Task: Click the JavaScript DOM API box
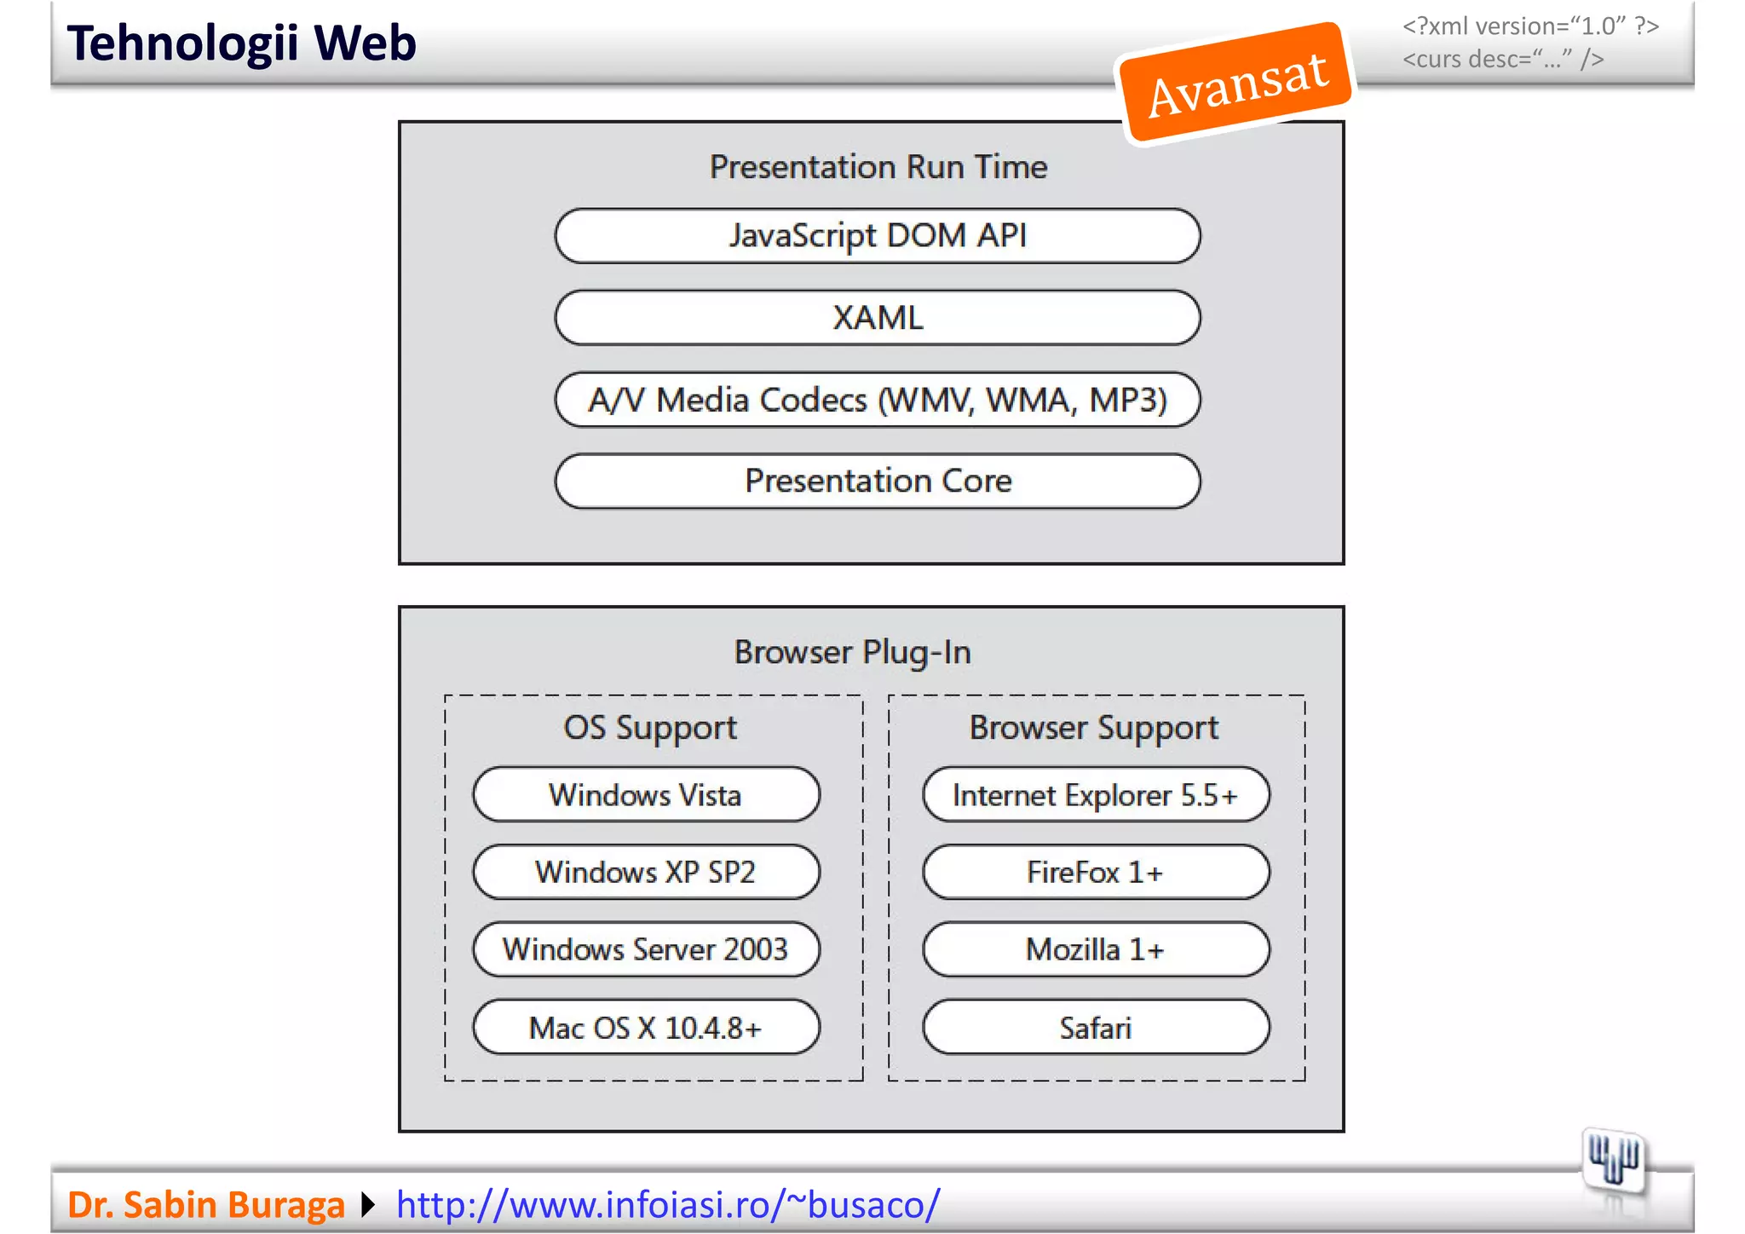point(878,236)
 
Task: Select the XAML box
point(878,318)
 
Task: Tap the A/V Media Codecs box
point(878,400)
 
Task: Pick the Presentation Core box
point(878,481)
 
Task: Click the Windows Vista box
point(646,795)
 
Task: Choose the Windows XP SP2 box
point(646,873)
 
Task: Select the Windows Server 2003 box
point(646,949)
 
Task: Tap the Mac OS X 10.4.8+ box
point(646,1028)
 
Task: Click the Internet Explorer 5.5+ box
point(1096,795)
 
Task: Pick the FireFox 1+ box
point(1096,873)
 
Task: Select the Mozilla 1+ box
point(1096,949)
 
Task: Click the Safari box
point(1096,1028)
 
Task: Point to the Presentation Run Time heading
point(878,167)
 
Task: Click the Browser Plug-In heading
point(852,653)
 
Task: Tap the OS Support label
point(650,728)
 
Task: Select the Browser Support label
point(1094,728)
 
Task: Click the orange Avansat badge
point(1236,83)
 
